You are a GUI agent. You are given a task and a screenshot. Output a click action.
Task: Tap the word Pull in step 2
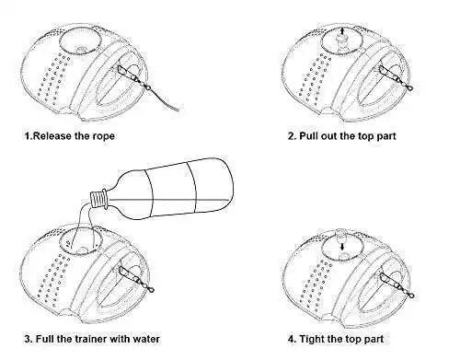[x=308, y=136]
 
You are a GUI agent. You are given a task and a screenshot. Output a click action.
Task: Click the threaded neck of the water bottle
[x=98, y=199]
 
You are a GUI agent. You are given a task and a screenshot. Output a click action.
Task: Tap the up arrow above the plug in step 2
[x=343, y=31]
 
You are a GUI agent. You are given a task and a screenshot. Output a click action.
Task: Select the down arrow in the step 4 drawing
[x=342, y=247]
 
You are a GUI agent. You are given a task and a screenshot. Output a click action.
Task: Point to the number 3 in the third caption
[x=28, y=339]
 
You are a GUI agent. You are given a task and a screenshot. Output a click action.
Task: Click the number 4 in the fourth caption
[x=292, y=339]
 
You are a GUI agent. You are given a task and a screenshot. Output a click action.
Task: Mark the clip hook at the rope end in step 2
[x=408, y=87]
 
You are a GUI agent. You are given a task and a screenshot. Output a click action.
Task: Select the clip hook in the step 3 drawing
[x=150, y=288]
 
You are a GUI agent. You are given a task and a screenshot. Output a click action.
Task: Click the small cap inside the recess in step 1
[x=81, y=51]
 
